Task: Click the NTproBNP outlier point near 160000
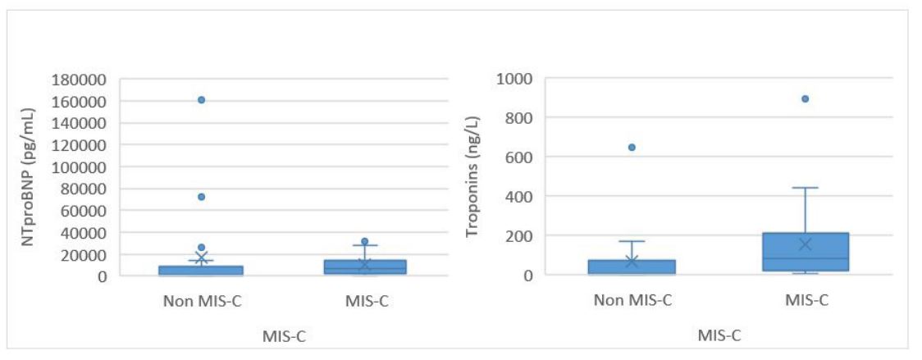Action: (201, 100)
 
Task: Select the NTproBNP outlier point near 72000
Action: (201, 197)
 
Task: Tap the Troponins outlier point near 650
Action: (632, 148)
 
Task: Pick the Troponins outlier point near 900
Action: (805, 98)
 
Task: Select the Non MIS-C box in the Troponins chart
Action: (632, 267)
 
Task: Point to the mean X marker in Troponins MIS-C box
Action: (805, 244)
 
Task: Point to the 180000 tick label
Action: (80, 80)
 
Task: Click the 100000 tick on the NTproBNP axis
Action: (80, 166)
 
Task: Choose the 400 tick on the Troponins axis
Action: (520, 197)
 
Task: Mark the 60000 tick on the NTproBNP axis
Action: (84, 211)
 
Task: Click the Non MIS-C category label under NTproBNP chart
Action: (201, 300)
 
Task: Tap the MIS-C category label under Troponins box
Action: (805, 300)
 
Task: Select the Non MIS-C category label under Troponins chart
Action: (632, 300)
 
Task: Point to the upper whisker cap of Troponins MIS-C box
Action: (805, 188)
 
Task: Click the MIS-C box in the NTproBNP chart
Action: (365, 267)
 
